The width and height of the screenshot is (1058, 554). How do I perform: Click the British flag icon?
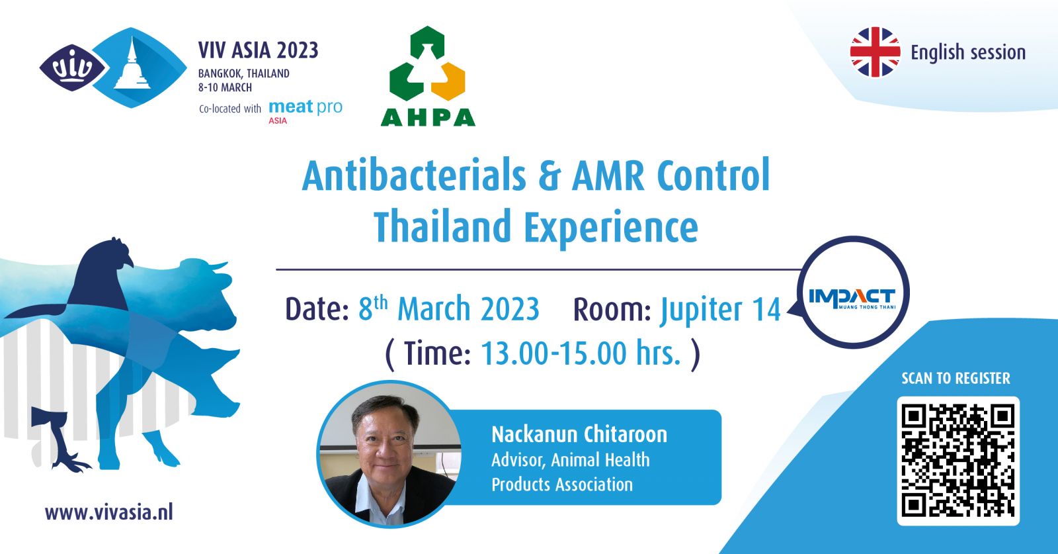pos(875,52)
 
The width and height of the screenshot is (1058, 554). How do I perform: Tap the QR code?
pos(958,461)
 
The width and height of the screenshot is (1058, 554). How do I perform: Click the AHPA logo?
pos(428,76)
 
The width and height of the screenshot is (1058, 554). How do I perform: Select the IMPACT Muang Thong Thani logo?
pos(852,298)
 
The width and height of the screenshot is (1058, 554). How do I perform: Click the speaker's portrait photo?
pos(389,454)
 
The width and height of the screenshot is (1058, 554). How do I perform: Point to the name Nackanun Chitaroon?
pos(579,434)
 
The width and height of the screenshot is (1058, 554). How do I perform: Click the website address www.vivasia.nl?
pos(109,512)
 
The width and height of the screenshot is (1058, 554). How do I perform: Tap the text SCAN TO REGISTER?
pos(956,378)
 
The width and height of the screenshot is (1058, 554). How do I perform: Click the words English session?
pos(968,52)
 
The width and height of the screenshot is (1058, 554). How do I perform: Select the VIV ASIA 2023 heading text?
pos(259,50)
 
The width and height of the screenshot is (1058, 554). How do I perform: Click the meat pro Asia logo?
pos(305,111)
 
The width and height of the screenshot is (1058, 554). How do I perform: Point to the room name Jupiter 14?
pos(720,310)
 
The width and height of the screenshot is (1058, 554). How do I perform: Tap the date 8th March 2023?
pos(449,308)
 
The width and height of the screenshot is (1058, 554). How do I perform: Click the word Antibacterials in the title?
pos(414,175)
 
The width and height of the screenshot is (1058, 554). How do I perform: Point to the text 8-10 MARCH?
pos(225,87)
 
